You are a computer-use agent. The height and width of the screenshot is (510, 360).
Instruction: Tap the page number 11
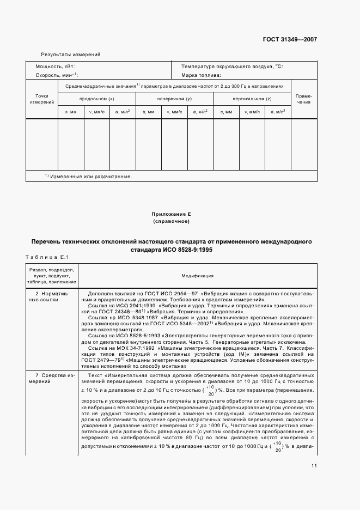(314, 465)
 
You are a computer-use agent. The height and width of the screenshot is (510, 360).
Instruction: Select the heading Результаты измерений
(71, 54)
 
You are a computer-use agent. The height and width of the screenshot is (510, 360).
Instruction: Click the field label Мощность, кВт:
(59, 66)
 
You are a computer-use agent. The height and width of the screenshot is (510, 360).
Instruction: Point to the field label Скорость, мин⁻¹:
(57, 75)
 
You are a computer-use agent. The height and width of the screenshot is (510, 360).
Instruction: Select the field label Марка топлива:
(201, 75)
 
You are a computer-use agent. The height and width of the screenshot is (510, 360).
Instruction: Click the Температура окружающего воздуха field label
(232, 66)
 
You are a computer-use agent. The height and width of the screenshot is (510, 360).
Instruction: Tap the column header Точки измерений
(41, 99)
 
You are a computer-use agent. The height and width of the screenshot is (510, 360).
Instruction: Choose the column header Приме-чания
(303, 99)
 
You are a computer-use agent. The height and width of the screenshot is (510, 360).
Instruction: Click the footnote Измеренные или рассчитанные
(90, 177)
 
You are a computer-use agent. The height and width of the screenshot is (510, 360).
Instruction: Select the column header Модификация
(198, 276)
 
